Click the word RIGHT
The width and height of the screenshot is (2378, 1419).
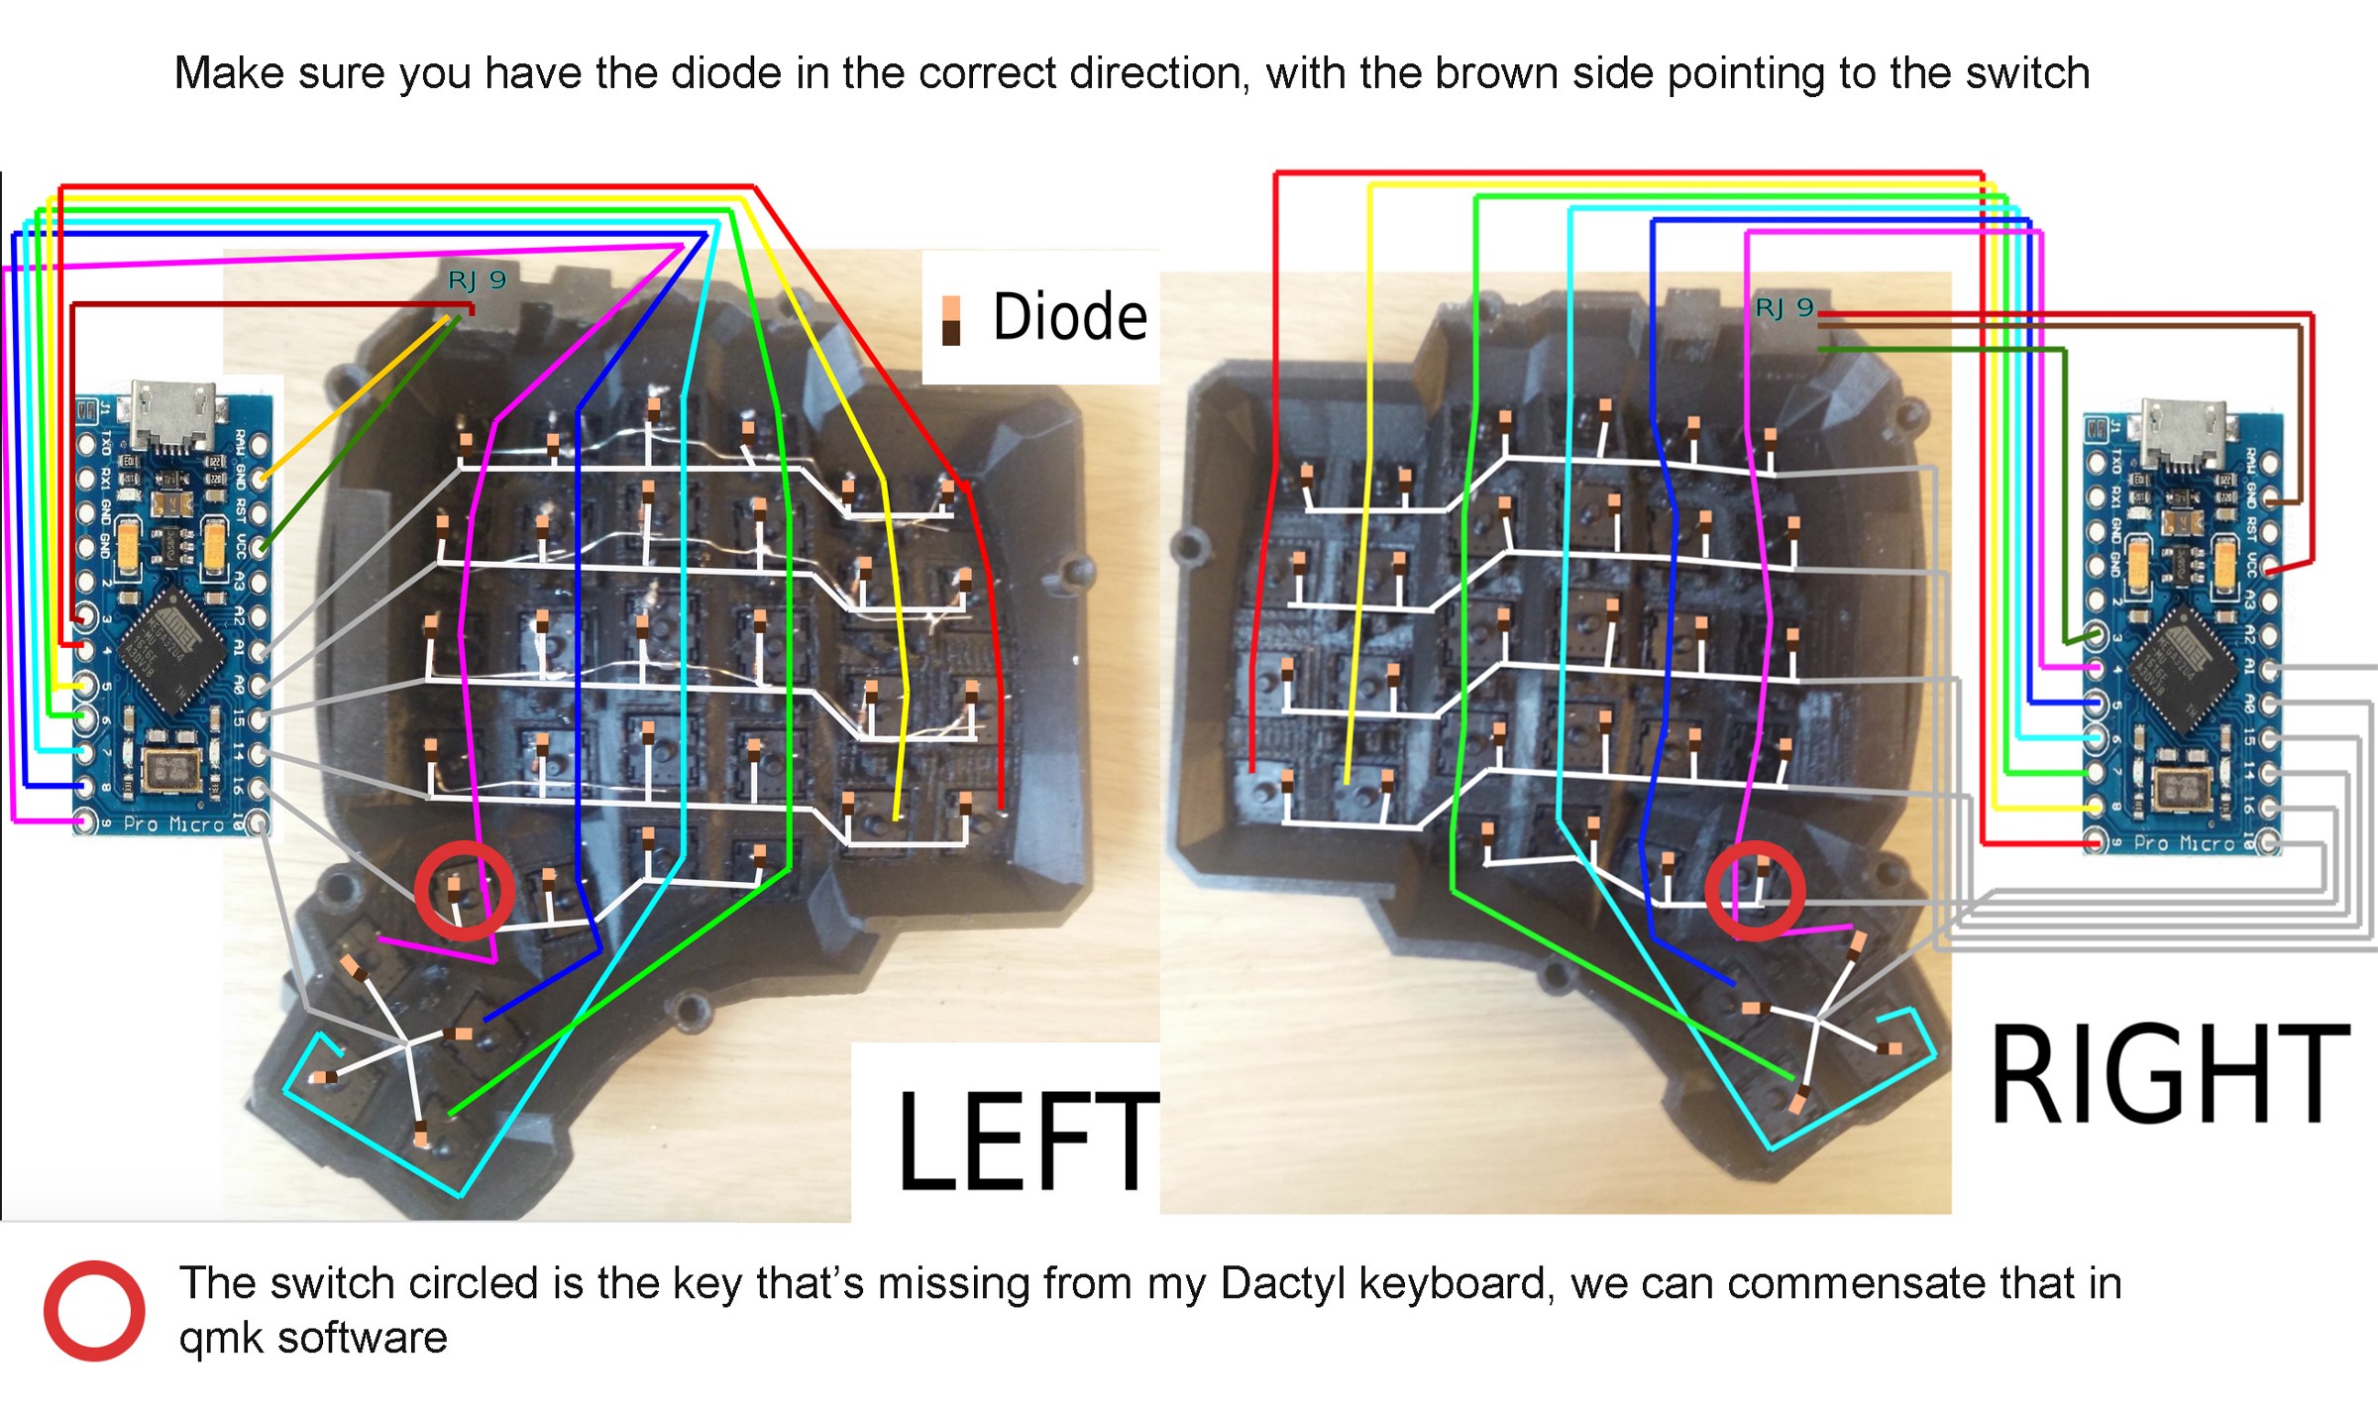pos(2169,1075)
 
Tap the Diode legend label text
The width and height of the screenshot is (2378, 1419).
pos(1069,317)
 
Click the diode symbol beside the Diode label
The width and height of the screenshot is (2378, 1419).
pos(951,320)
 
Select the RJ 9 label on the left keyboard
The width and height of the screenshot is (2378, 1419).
pos(477,280)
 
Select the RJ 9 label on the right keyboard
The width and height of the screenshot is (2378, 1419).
pos(1783,307)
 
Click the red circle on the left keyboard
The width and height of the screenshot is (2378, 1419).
pos(464,891)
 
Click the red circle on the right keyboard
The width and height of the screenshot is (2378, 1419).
pos(1755,891)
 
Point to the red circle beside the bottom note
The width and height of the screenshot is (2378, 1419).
pos(94,1310)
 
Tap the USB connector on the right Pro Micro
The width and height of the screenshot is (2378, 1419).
pos(2181,432)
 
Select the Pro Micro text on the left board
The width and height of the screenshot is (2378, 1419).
pos(173,824)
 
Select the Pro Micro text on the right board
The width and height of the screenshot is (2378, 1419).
pos(2184,843)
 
